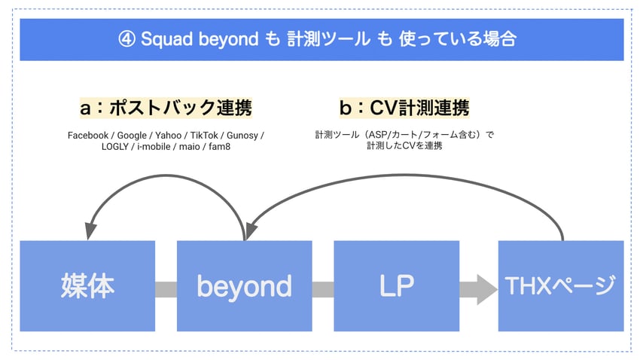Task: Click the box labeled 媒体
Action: pos(87,285)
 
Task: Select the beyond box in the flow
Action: pos(244,285)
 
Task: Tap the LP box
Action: pos(396,285)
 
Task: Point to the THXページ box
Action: pos(561,285)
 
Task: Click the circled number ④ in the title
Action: pos(126,40)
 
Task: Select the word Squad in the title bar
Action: pos(166,40)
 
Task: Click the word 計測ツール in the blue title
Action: pos(328,39)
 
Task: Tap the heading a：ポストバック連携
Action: pos(166,108)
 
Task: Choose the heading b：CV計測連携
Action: pos(404,108)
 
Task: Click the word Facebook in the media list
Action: pos(88,135)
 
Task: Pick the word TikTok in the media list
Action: pos(204,135)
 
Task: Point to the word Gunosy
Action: pos(242,136)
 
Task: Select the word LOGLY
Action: pos(115,147)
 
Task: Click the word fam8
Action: pos(220,147)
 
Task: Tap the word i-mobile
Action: pos(154,147)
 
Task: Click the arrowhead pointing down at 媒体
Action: pos(90,231)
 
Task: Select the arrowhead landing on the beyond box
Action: pos(251,231)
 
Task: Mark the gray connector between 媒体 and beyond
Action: pos(166,289)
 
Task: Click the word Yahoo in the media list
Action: pos(168,135)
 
